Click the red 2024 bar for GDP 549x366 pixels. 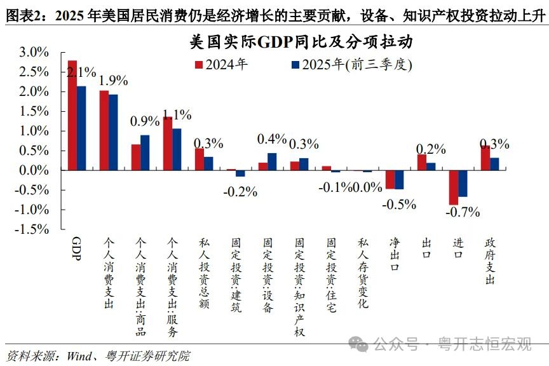pyautogui.click(x=72, y=115)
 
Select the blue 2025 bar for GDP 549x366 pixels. pyautogui.click(x=81, y=128)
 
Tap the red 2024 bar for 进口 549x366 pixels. pyautogui.click(x=454, y=187)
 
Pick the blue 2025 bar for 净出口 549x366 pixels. pyautogui.click(x=399, y=180)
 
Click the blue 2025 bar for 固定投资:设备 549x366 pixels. pyautogui.click(x=272, y=161)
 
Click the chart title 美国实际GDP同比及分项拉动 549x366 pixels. pyautogui.click(x=301, y=43)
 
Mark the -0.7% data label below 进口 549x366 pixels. pyautogui.click(x=462, y=212)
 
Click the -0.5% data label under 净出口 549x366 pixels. pyautogui.click(x=398, y=204)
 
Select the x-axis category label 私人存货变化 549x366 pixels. pyautogui.click(x=363, y=274)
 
